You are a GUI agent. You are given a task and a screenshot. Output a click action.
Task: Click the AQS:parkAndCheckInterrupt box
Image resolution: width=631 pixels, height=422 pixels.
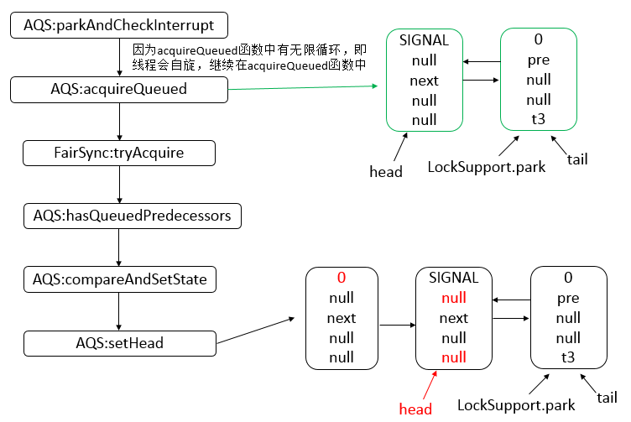[x=118, y=26]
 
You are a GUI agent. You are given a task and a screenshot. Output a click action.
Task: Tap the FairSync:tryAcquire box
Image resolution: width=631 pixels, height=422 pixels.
[x=118, y=154]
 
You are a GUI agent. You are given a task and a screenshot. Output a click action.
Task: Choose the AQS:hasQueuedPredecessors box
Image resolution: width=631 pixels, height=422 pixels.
[x=132, y=216]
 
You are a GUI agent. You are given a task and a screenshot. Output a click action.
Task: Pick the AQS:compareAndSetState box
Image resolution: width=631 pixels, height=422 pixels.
[x=120, y=279]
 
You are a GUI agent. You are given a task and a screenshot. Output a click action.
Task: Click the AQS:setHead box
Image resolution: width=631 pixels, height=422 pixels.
[x=118, y=343]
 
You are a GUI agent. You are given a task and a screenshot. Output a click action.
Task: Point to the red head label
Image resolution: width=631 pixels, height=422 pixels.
[x=415, y=409]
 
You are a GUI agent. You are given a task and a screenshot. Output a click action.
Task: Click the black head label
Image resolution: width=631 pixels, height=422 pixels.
[x=386, y=171]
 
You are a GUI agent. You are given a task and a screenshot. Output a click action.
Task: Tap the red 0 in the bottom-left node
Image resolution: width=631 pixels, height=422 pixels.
[x=342, y=278]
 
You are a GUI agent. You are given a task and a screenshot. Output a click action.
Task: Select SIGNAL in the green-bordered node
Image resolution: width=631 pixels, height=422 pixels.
[x=424, y=40]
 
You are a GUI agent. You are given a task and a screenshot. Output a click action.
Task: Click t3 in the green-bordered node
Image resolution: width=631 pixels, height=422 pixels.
[x=538, y=120]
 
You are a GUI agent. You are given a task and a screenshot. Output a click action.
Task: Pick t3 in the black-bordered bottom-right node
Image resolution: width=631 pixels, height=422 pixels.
[x=568, y=357]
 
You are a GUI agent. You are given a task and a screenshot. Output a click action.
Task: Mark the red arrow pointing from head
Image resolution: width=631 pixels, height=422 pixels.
[x=430, y=384]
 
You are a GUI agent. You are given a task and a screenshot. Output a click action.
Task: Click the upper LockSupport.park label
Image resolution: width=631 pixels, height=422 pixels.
[x=486, y=166]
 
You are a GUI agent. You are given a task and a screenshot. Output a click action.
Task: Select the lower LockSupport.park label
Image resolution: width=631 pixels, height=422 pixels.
[x=516, y=405]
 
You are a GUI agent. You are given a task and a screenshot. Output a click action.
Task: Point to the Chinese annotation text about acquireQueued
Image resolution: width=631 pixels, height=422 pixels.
[x=249, y=58]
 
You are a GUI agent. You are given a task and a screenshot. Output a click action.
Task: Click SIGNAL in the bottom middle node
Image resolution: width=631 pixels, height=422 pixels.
[x=453, y=278]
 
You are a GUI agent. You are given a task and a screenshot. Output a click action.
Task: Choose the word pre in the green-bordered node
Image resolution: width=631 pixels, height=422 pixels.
[x=538, y=60]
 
